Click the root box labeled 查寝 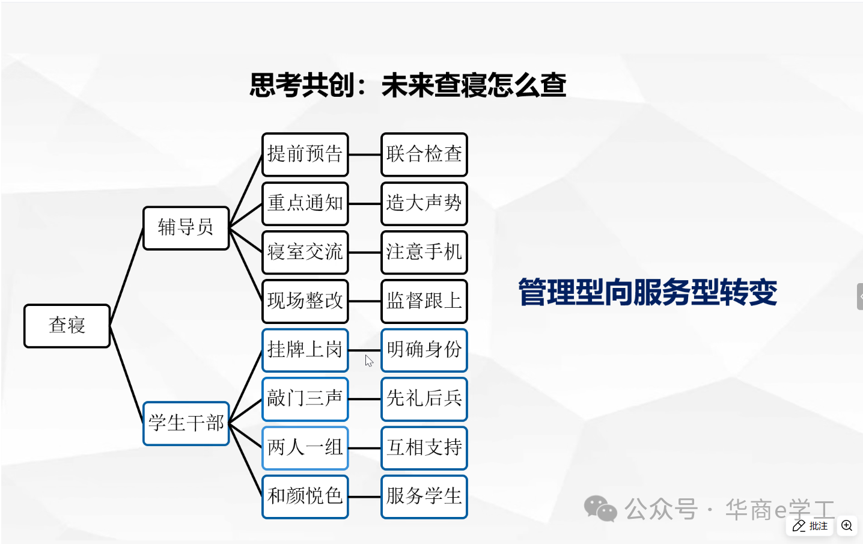click(x=67, y=326)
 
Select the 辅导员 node click(x=186, y=228)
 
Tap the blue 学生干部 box click(x=186, y=423)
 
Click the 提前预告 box click(x=305, y=154)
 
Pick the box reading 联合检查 click(x=424, y=154)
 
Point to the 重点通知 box click(x=305, y=203)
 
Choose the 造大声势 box click(x=424, y=203)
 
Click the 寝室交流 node click(x=305, y=252)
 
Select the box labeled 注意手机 click(x=424, y=252)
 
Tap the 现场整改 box click(x=305, y=301)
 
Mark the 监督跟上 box click(x=424, y=301)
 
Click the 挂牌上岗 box click(x=305, y=350)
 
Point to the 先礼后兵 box click(x=424, y=399)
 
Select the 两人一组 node click(x=305, y=448)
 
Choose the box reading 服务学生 click(x=424, y=497)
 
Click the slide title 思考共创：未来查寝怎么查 click(x=407, y=85)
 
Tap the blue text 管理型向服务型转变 click(x=647, y=293)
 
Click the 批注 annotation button click(x=810, y=526)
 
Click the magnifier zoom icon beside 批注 click(x=847, y=526)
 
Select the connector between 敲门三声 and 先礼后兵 click(x=364, y=399)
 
